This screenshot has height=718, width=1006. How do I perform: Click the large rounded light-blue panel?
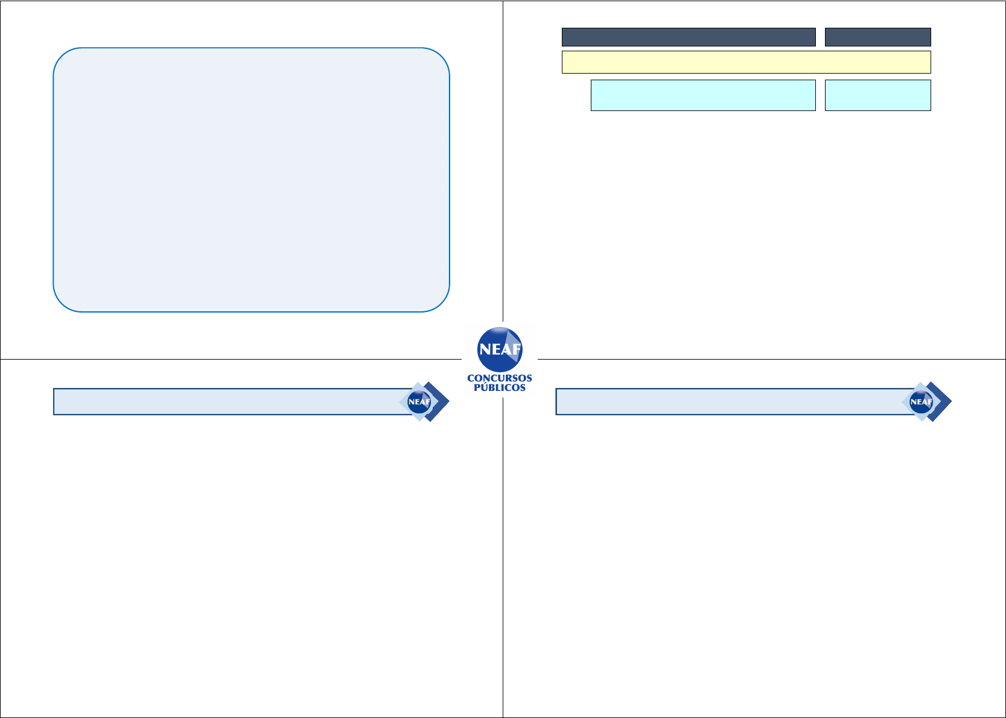point(251,180)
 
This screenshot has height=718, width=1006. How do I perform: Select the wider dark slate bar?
point(688,37)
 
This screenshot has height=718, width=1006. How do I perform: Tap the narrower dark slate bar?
point(877,37)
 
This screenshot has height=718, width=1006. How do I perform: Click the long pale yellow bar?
point(746,62)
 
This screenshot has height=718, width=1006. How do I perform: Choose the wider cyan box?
point(702,95)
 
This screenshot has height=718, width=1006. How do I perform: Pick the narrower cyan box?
point(877,95)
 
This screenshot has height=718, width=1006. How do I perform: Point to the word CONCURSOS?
point(500,378)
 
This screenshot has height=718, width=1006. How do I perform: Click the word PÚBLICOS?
point(500,388)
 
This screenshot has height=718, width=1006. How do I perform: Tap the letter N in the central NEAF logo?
point(484,349)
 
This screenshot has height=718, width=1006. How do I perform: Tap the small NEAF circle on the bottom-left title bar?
point(419,402)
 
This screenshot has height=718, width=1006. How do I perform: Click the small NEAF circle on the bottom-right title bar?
point(921,402)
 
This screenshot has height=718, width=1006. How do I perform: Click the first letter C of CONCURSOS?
point(471,378)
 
